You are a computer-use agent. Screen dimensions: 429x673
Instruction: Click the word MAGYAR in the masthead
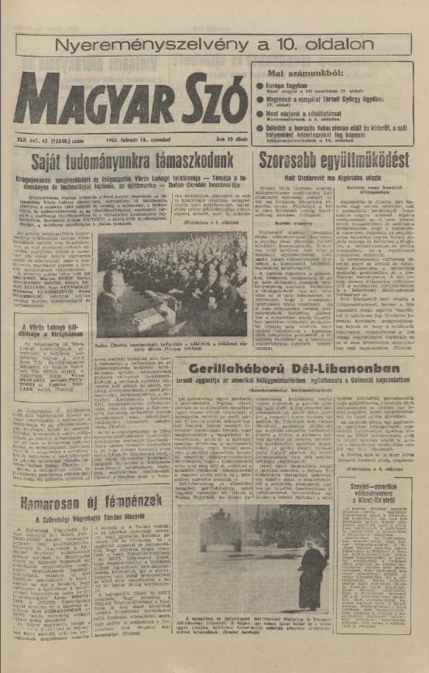click(x=81, y=99)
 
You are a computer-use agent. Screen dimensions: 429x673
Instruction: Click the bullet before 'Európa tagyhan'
click(x=259, y=84)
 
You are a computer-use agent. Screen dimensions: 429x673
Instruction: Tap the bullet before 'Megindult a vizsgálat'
click(x=259, y=98)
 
